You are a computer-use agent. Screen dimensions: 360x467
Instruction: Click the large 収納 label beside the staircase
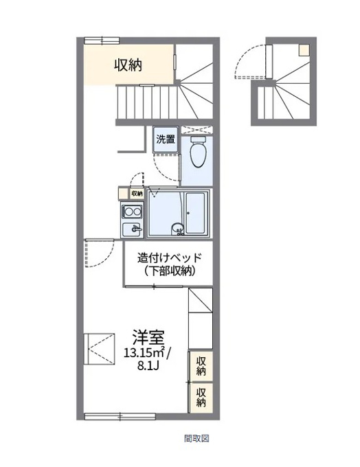(128, 65)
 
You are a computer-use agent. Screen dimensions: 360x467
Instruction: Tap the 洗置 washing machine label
(166, 139)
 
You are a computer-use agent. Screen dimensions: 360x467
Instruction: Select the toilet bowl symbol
(198, 151)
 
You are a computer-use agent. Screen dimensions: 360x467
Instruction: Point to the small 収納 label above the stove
(137, 193)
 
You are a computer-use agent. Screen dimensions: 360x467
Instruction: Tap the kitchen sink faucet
(137, 229)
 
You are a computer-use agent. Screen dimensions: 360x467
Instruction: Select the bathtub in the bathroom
(195, 213)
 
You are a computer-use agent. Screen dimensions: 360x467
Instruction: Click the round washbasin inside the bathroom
(177, 229)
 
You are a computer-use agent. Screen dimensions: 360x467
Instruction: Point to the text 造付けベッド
(169, 258)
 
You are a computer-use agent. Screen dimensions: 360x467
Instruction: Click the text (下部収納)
(170, 271)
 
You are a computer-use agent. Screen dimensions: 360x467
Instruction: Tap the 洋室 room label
(148, 337)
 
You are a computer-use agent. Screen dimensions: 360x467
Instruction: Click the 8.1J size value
(148, 366)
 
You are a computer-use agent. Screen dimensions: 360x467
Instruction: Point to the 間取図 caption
(196, 438)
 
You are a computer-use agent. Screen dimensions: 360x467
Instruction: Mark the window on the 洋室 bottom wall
(120, 416)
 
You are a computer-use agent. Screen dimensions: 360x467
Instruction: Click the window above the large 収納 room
(102, 41)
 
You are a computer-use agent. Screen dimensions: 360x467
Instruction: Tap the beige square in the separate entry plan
(304, 50)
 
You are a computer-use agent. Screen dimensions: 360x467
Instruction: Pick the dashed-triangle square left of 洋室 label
(99, 349)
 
